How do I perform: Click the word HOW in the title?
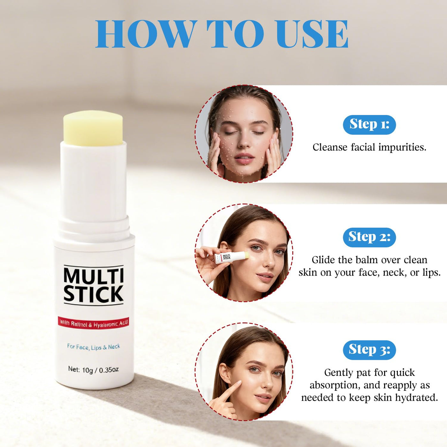[145, 34]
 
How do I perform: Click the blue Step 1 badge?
[369, 125]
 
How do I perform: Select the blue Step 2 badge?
[369, 237]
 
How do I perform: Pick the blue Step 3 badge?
[369, 350]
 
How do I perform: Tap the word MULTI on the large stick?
[94, 275]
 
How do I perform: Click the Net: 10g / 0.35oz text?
[94, 369]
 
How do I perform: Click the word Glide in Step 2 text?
[323, 260]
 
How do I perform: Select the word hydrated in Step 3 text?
[417, 398]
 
